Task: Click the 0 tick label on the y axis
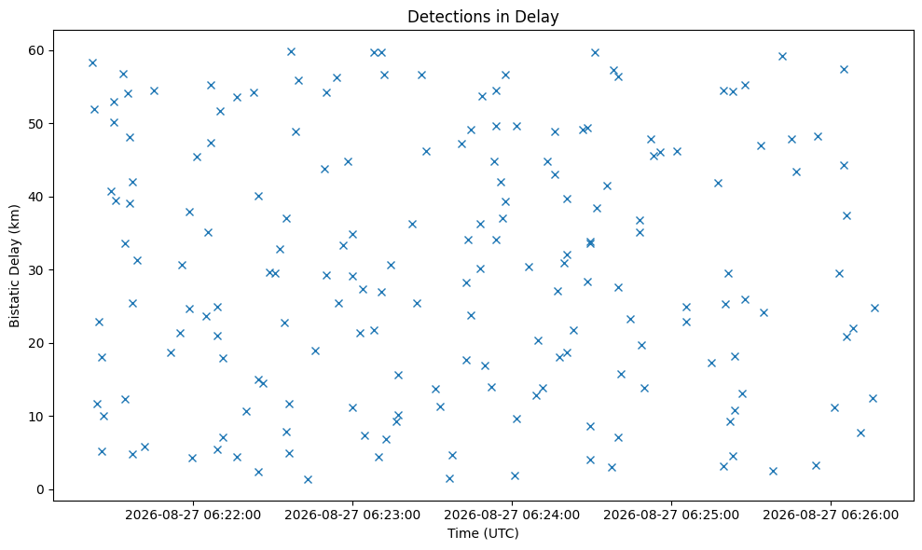[40, 489]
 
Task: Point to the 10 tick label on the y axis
[36, 417]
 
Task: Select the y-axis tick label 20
[36, 343]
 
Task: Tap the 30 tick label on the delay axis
[36, 270]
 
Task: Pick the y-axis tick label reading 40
[36, 197]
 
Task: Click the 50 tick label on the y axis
[36, 124]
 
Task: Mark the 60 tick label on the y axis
[36, 50]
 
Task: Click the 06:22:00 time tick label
[192, 516]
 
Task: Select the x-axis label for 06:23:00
[352, 516]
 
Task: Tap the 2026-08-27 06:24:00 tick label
[512, 516]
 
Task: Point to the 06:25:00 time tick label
[671, 516]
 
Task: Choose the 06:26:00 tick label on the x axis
[831, 516]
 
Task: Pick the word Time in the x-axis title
[463, 533]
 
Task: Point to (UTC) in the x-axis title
[501, 533]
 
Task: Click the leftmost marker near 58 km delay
[92, 63]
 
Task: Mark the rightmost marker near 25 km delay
[874, 309]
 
